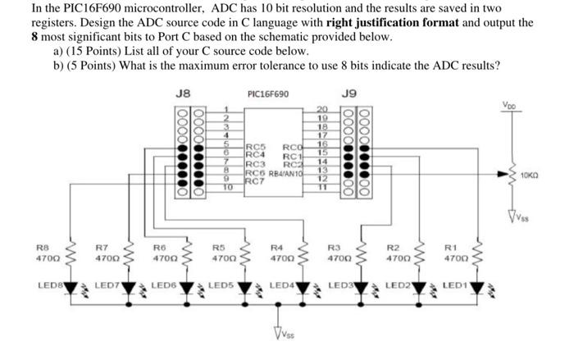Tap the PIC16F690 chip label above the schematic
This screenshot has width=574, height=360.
[x=267, y=93]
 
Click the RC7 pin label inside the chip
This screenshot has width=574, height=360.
[x=256, y=180]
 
